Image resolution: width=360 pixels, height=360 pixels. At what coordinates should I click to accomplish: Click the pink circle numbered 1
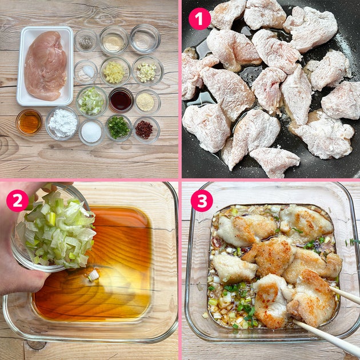(199, 19)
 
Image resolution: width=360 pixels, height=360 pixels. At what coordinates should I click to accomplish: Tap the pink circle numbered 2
(18, 201)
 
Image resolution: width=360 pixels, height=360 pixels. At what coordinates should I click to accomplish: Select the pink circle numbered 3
(202, 201)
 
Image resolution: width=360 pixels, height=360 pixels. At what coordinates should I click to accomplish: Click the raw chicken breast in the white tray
(46, 66)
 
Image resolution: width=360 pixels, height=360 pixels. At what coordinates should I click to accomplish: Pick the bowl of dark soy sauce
(121, 100)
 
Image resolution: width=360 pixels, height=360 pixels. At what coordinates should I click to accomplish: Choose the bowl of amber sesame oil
(29, 122)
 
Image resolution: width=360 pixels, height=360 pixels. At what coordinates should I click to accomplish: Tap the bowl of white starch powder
(62, 123)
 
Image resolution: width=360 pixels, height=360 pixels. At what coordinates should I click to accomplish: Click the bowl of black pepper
(86, 41)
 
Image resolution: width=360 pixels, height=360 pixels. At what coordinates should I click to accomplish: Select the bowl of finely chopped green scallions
(118, 127)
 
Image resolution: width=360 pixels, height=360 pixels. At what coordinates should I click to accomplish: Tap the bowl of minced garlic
(147, 71)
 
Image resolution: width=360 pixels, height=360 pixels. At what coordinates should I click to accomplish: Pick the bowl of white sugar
(91, 132)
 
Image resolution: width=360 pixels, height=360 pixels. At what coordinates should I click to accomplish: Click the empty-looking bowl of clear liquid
(145, 39)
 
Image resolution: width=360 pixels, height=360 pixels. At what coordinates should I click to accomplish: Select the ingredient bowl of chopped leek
(92, 102)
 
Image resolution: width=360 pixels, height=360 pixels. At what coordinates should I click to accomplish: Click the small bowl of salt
(86, 72)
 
